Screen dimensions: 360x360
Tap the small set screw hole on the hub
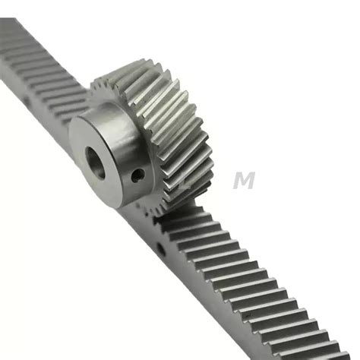pyautogui.click(x=137, y=175)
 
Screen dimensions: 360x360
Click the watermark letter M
pyautogui.click(x=245, y=181)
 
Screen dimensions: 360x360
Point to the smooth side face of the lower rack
pyautogui.click(x=228, y=304)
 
